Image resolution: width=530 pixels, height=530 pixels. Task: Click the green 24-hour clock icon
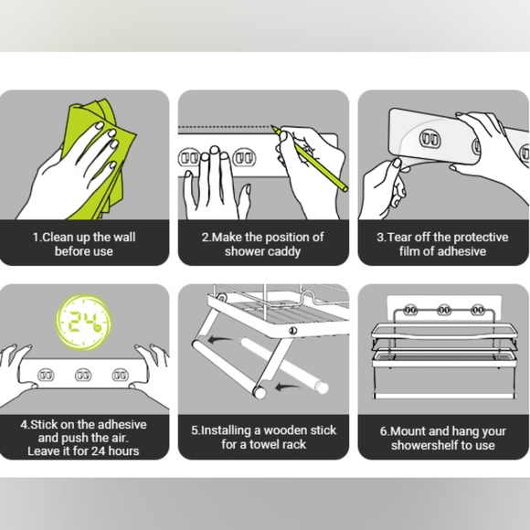(x=83, y=323)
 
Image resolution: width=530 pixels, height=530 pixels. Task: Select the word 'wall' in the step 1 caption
(x=124, y=237)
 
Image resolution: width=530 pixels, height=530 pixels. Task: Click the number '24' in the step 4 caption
(x=98, y=451)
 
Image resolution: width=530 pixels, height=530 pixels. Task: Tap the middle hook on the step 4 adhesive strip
(x=83, y=375)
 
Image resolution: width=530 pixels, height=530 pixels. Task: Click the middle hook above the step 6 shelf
(x=444, y=311)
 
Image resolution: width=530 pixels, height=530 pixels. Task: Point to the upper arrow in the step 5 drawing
(x=218, y=339)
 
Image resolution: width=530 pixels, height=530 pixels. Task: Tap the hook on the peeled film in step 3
(x=430, y=139)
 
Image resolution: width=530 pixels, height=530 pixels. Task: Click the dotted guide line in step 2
(x=225, y=127)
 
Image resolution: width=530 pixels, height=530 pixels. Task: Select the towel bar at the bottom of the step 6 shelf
(x=443, y=396)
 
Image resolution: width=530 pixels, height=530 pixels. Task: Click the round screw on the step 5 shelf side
(x=293, y=330)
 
